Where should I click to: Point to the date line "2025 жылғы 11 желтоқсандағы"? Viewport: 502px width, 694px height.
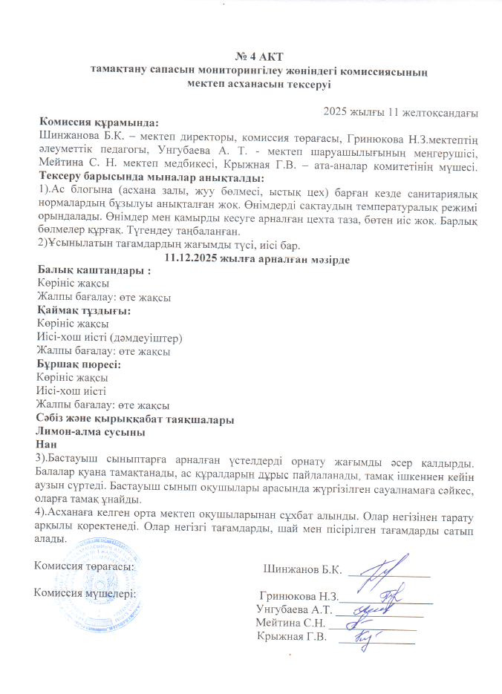tap(401, 112)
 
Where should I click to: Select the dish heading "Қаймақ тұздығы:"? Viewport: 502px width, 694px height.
tap(84, 311)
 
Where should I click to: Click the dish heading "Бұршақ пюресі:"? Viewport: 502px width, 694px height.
tap(79, 364)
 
